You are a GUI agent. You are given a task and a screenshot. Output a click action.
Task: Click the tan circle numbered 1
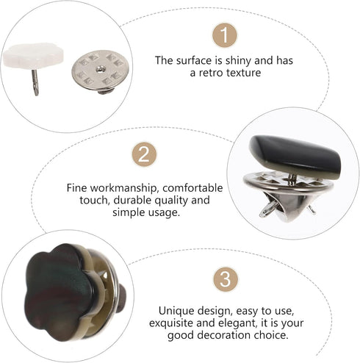pyautogui.click(x=225, y=35)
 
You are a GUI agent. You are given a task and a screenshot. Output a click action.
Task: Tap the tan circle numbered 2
pyautogui.click(x=144, y=154)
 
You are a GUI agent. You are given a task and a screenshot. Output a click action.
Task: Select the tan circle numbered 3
pyautogui.click(x=226, y=279)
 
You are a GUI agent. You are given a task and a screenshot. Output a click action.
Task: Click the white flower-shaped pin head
pyautogui.click(x=33, y=56)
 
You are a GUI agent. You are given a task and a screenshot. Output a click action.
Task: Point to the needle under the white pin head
pyautogui.click(x=36, y=82)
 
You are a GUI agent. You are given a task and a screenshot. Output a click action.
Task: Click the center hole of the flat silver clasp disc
pyautogui.click(x=99, y=70)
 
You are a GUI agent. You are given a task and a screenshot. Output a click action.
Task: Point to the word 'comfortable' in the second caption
pyautogui.click(x=192, y=188)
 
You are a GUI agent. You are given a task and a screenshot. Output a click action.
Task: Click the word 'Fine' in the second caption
pyautogui.click(x=76, y=188)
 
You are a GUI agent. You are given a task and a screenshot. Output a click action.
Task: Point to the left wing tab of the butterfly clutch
pyautogui.click(x=266, y=211)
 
